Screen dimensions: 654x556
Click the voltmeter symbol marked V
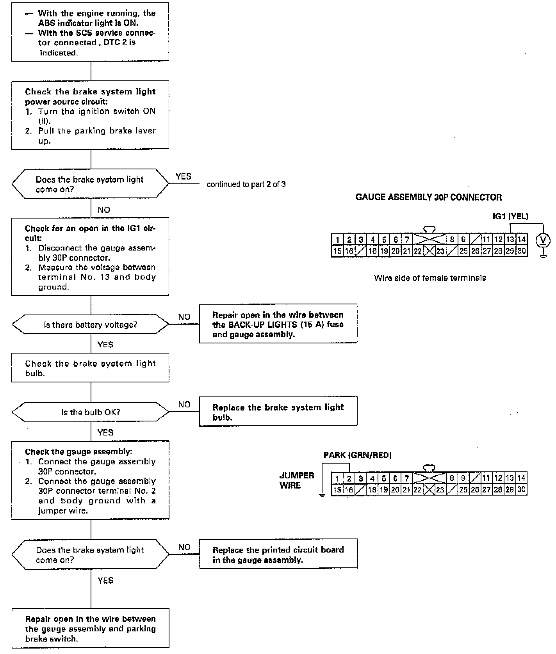click(543, 240)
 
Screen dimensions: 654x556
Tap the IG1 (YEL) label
click(510, 216)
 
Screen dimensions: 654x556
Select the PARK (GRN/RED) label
click(357, 455)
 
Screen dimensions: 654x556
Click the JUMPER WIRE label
click(297, 480)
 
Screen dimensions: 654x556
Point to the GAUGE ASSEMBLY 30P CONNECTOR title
click(428, 197)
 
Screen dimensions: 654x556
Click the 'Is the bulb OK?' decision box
click(91, 412)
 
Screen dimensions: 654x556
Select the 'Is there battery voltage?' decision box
click(91, 325)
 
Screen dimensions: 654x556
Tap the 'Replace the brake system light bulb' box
click(278, 412)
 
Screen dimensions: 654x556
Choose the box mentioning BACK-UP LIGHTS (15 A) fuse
click(278, 324)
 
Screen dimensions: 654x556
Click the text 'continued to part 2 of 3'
click(246, 184)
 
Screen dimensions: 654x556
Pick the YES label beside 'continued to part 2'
click(183, 176)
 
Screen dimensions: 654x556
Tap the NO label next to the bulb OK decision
click(184, 404)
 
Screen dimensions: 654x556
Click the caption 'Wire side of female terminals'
click(430, 278)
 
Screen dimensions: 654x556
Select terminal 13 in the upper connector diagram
click(510, 240)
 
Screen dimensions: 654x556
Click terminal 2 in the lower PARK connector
click(349, 478)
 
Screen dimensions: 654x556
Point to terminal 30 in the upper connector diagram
click(522, 251)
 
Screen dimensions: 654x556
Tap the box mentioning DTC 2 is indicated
click(90, 32)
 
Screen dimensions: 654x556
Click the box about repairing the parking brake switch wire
click(90, 628)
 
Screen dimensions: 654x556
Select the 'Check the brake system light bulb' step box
click(90, 368)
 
